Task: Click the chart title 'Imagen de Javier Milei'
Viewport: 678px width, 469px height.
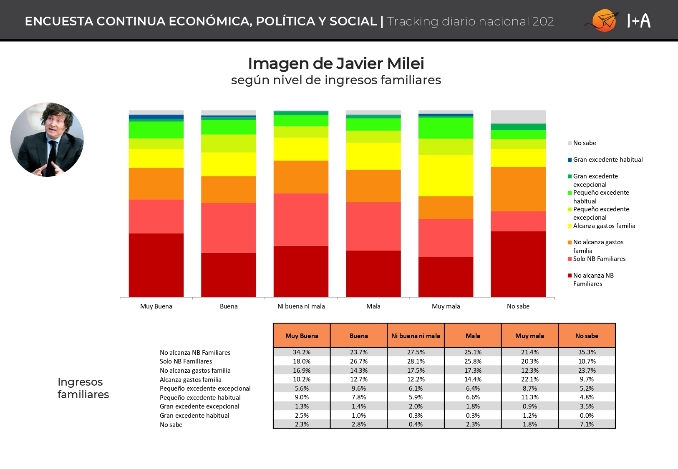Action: pos(336,63)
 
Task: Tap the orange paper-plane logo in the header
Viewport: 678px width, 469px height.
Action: pos(603,20)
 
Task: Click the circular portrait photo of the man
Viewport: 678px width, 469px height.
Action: pos(47,139)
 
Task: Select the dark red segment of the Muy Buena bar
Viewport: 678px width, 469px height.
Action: pos(156,265)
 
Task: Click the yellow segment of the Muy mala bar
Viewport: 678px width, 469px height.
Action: pos(446,176)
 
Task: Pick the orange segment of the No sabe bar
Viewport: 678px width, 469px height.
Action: pos(518,189)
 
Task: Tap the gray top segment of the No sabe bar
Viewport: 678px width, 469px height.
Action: pos(518,117)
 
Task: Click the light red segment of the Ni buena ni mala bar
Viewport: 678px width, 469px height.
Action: pos(301,220)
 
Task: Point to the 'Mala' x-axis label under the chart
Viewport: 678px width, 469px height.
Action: pos(373,306)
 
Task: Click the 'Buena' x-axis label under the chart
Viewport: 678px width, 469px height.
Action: pos(229,306)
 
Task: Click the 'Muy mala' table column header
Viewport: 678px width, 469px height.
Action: pos(530,335)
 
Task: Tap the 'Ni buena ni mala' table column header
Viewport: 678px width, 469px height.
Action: pos(416,335)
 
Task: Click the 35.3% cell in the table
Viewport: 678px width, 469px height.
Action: pos(587,352)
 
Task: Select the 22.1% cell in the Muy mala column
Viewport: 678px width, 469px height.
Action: pos(530,379)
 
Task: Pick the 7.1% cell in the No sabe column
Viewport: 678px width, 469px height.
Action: pos(587,424)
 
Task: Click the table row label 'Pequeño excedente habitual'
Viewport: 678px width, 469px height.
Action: pos(200,398)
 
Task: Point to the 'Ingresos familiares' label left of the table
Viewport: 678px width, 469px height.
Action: pos(83,388)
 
